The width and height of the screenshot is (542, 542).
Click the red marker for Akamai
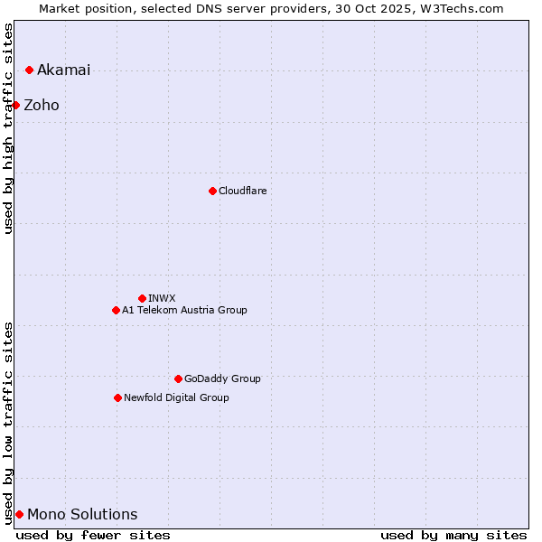(29, 70)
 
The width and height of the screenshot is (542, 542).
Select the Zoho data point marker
(15, 106)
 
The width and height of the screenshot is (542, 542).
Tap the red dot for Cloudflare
(212, 191)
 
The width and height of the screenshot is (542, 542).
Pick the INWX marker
(142, 298)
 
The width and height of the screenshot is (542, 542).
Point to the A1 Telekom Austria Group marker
(116, 311)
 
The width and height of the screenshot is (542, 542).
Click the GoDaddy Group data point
(178, 378)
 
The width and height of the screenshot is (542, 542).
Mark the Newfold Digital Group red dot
(117, 397)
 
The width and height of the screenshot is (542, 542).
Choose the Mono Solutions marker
(19, 515)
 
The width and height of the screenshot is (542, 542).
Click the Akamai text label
(63, 70)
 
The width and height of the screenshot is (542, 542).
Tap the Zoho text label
(42, 106)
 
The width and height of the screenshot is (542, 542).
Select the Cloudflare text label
(242, 191)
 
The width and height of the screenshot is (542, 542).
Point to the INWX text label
(162, 298)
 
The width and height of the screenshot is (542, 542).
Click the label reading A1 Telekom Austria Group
(184, 311)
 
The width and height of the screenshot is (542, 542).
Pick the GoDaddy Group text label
(222, 378)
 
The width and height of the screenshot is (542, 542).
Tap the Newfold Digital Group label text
(176, 397)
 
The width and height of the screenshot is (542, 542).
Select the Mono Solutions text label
(82, 515)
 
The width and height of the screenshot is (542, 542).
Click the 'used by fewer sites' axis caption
(93, 535)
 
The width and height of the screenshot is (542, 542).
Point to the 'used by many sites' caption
(453, 535)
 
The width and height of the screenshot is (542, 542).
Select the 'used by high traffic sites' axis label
(9, 128)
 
